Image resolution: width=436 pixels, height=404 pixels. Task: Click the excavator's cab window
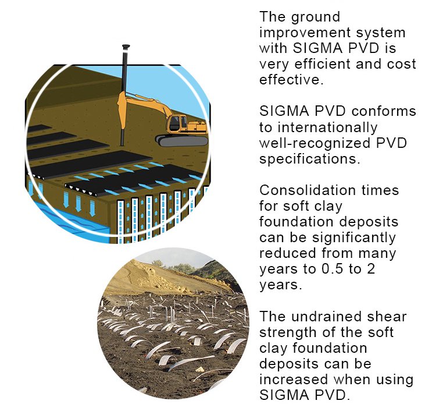174,122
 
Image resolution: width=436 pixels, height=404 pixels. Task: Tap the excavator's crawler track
182,141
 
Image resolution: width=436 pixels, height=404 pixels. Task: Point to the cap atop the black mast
126,47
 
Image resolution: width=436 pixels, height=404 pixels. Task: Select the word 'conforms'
384,111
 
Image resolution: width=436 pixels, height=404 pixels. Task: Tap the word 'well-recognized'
315,144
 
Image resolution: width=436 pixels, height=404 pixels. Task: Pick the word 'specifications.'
309,160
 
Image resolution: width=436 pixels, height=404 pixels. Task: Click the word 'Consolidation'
308,190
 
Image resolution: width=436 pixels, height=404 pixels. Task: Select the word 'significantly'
353,238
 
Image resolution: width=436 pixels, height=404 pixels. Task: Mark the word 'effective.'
291,80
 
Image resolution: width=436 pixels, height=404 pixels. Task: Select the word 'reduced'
288,253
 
